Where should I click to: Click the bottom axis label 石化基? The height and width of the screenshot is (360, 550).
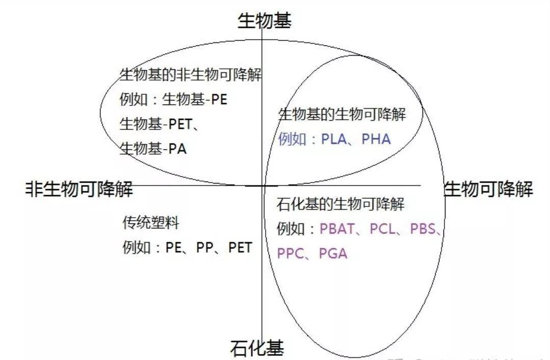coord(257,349)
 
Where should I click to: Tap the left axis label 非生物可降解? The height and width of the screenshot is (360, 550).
coord(80,189)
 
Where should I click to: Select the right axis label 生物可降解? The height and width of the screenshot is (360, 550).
coord(489,189)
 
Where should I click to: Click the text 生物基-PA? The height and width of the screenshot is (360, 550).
coord(153,149)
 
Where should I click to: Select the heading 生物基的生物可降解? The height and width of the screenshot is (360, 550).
coord(342,114)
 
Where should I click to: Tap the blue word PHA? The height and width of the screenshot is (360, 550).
coord(376,139)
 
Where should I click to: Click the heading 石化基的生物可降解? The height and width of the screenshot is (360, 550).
coord(341,204)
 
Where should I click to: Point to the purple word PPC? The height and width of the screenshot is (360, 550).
coord(290,253)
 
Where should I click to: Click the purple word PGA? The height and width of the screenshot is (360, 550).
coord(333,253)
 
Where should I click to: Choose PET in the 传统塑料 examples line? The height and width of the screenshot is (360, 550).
coord(240,248)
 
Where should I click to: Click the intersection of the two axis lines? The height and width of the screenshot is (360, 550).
coord(262,186)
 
